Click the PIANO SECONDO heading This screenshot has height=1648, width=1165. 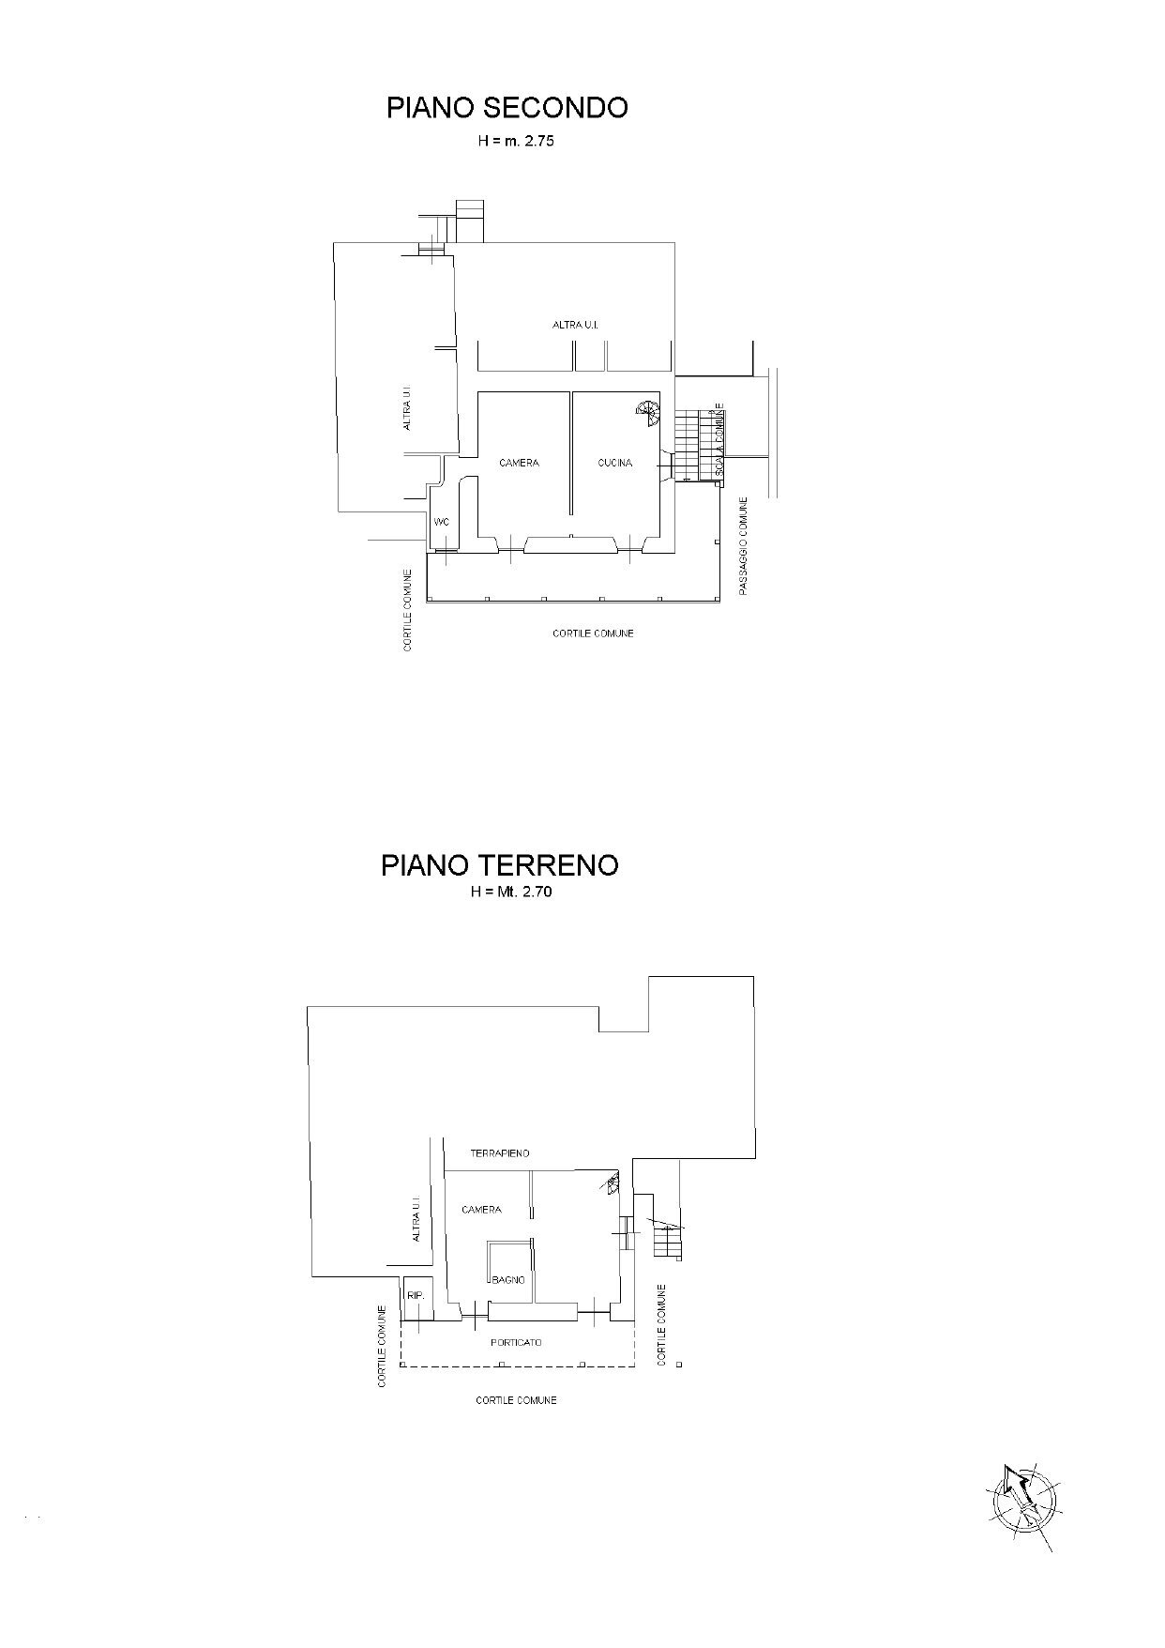click(507, 108)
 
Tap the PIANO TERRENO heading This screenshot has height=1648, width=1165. click(499, 864)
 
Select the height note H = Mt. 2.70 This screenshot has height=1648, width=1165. click(511, 893)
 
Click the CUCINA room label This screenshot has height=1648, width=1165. click(615, 463)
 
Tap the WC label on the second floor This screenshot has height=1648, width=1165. click(442, 522)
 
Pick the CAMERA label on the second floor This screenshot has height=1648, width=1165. click(519, 463)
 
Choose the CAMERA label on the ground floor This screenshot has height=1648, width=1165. click(481, 1210)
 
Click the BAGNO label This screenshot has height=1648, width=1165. click(508, 1279)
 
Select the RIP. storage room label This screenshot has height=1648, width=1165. click(416, 1296)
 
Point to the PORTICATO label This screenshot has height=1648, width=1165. click(516, 1343)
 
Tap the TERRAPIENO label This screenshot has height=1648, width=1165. click(500, 1152)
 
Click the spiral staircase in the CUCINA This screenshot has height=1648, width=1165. click(647, 410)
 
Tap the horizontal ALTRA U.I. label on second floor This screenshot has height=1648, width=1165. click(575, 325)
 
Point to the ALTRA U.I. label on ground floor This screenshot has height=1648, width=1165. click(417, 1219)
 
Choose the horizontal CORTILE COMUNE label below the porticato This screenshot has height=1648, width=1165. click(516, 1400)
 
